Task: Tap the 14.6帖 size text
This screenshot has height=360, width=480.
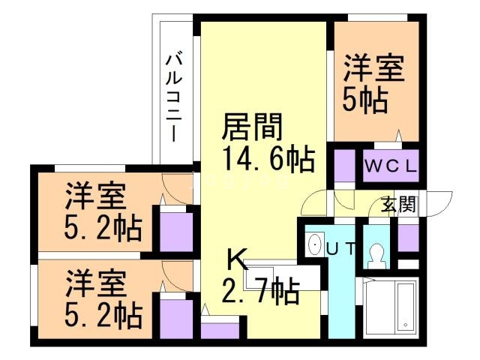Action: pos(266,160)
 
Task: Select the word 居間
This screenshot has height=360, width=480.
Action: pos(250,128)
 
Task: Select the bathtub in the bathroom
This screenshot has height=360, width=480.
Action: pos(406,307)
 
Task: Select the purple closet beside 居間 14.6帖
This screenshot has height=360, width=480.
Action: pos(345,166)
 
